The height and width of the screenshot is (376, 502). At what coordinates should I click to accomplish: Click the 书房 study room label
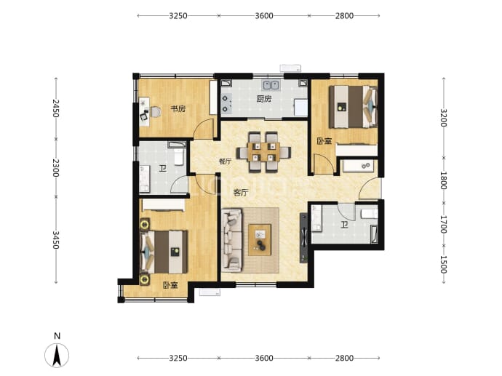pos(178,109)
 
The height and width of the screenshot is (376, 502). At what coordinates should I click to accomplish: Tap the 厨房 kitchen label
pos(264,99)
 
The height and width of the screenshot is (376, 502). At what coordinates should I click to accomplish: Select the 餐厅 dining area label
pos(225,161)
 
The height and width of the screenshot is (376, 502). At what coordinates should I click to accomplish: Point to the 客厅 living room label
pos(241,193)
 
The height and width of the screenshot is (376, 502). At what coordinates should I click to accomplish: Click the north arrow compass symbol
pos(57,355)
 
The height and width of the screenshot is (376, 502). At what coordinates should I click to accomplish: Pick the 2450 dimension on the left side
pos(56,108)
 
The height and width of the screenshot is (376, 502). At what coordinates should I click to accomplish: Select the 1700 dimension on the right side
pos(443,224)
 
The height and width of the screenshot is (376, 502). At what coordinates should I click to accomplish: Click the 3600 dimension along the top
pos(264,16)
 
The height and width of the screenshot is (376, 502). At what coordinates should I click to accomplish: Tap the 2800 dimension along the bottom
pos(344,358)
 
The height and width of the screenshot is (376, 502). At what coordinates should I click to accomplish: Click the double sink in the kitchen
pos(271,85)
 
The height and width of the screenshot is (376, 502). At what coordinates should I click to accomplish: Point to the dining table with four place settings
pos(264,152)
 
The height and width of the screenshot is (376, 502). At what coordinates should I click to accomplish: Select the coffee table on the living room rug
pos(260,240)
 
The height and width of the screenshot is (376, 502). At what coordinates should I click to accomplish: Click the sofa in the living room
pos(231,240)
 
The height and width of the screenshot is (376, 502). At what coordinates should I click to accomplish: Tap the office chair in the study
pos(156,112)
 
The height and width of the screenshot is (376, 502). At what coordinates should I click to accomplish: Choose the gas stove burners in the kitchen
pos(226,104)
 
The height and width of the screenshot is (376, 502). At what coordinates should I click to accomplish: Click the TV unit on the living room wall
pos(303,238)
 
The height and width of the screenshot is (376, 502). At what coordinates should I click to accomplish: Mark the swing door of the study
pos(205,129)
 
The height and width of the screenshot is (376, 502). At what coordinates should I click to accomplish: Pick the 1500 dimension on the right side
pos(443,264)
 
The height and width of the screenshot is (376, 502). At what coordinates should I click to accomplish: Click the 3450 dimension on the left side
pos(56,240)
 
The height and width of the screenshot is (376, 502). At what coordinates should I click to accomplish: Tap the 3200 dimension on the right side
pos(443,118)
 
